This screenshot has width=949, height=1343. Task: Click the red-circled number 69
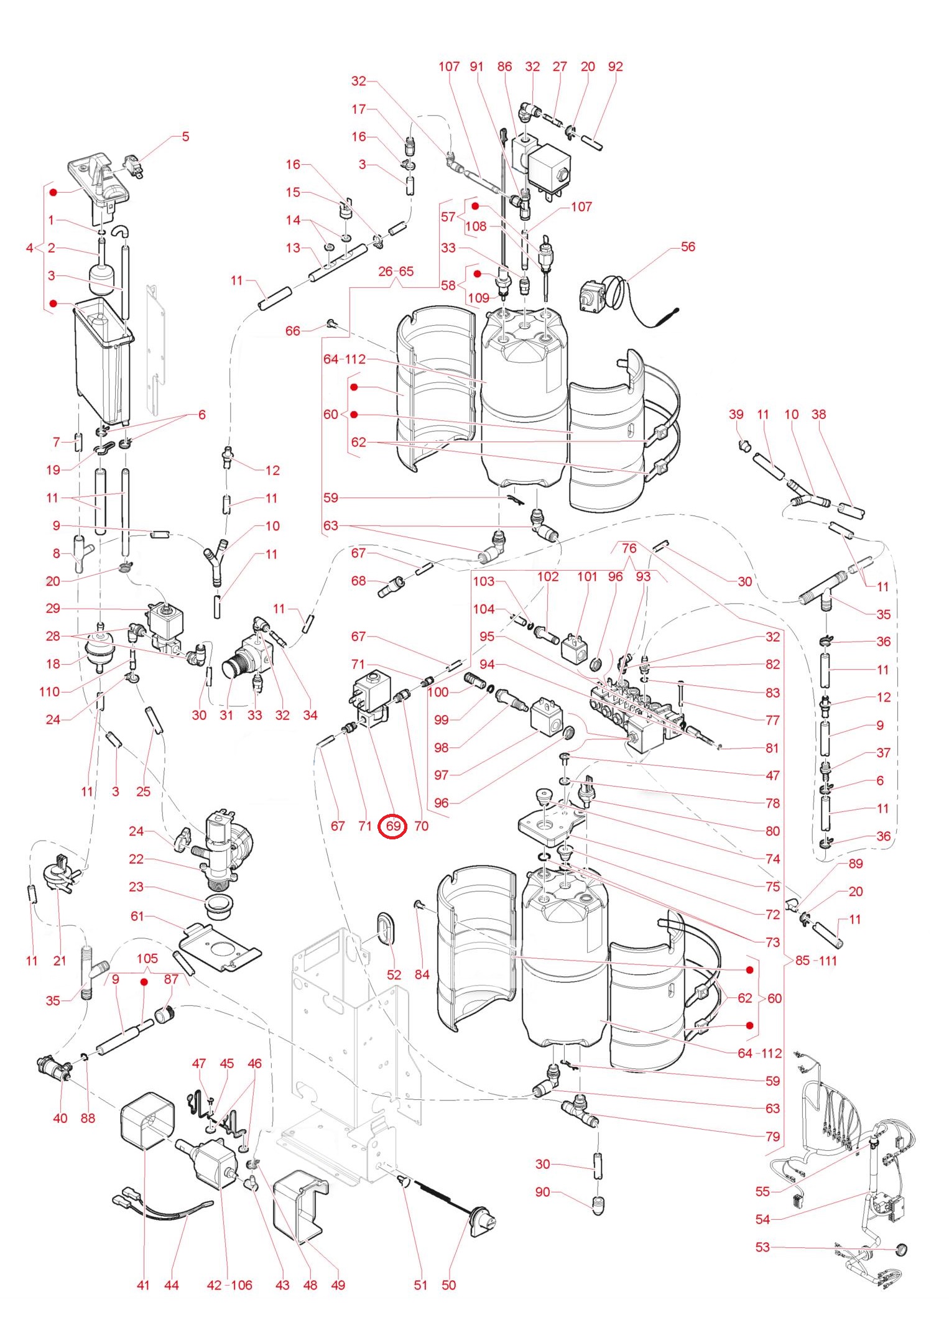click(x=393, y=826)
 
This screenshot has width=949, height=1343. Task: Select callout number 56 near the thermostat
click(x=688, y=247)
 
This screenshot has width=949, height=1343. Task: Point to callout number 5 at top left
click(x=185, y=136)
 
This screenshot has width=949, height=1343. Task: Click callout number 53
click(x=762, y=1247)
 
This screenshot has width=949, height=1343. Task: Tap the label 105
click(x=147, y=958)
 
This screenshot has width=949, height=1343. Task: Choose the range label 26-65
click(x=396, y=271)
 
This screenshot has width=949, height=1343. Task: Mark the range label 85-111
click(x=817, y=961)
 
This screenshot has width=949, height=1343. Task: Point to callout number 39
click(x=736, y=414)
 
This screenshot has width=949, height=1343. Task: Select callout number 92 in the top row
click(x=615, y=67)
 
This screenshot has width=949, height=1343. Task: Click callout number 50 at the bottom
click(x=448, y=1285)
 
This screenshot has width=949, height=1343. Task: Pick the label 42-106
click(x=229, y=1285)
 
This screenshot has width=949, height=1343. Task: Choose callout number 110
click(x=50, y=691)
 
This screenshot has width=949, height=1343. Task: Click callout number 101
click(x=587, y=576)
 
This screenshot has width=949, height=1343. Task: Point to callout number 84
click(x=422, y=974)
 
